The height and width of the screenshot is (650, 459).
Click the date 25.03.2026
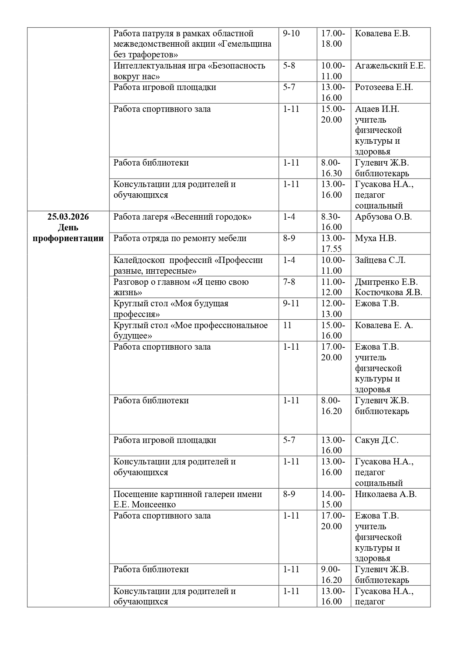pos(68,217)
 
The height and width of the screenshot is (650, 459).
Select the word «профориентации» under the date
pos(68,238)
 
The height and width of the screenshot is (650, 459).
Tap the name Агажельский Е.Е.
pos(390,66)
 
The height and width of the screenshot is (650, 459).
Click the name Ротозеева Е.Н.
pos(384,87)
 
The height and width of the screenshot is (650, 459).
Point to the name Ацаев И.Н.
pos(377,109)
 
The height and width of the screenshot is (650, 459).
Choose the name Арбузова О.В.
pos(383,217)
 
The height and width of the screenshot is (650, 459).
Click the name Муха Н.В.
pos(375,238)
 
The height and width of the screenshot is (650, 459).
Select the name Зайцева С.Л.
pos(380,260)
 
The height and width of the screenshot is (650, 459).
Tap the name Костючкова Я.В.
pos(388,292)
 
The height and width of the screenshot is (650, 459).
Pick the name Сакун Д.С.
pos(377,440)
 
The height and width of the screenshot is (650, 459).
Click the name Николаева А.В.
pos(386,494)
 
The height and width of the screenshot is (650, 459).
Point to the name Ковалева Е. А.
pos(384,325)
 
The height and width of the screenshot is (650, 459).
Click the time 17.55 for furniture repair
pos(331,249)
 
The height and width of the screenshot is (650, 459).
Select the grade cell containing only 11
pos(287,325)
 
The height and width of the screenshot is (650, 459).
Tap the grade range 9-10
pos(291,33)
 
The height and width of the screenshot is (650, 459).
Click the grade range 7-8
pos(289,282)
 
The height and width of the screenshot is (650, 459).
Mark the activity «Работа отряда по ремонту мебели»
pos(180,238)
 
